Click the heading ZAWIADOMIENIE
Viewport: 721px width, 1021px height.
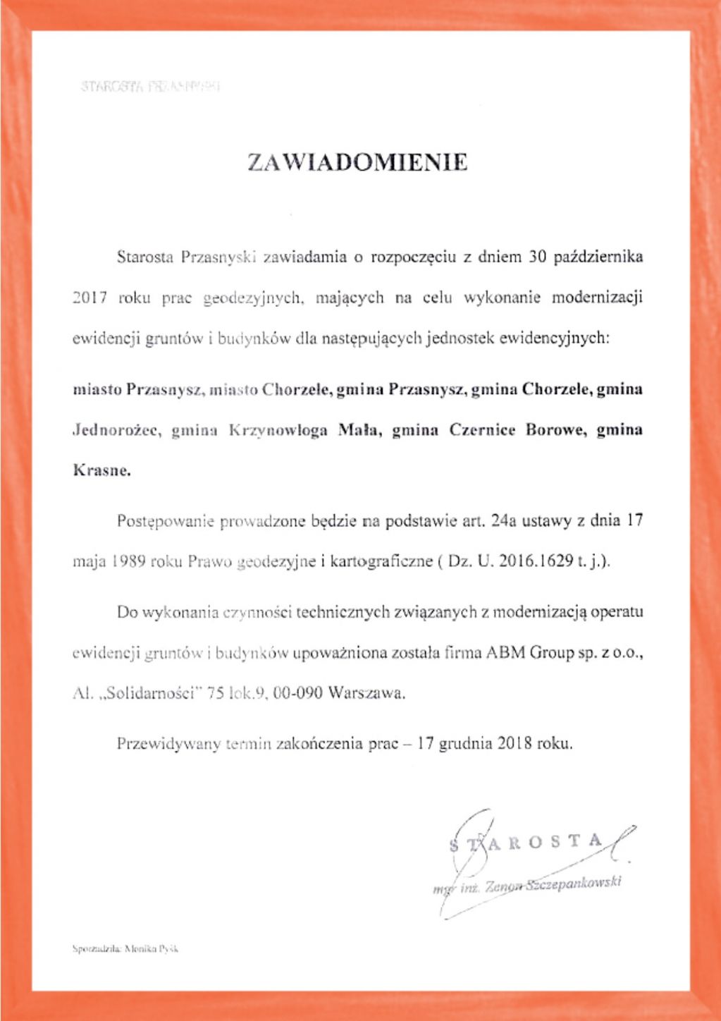(357, 163)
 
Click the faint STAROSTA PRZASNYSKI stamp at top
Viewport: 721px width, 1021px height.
(151, 87)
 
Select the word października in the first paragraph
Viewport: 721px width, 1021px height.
(598, 257)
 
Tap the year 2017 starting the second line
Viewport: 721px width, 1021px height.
(90, 298)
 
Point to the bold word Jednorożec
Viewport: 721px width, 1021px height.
(118, 430)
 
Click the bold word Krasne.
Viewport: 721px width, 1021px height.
(102, 470)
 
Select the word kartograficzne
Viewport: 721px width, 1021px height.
(380, 563)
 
